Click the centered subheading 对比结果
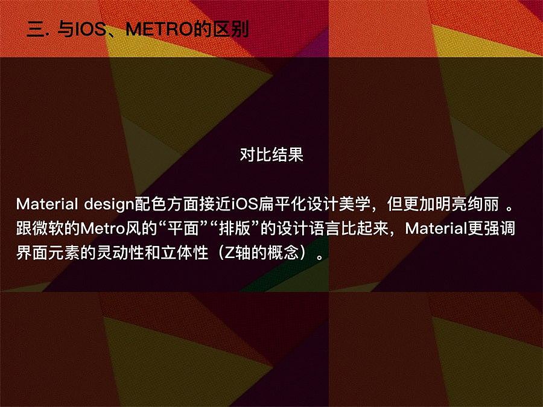(271, 154)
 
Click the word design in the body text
(109, 204)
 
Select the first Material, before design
(46, 204)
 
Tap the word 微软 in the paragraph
(48, 229)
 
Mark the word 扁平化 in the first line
(282, 204)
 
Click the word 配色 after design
(150, 204)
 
